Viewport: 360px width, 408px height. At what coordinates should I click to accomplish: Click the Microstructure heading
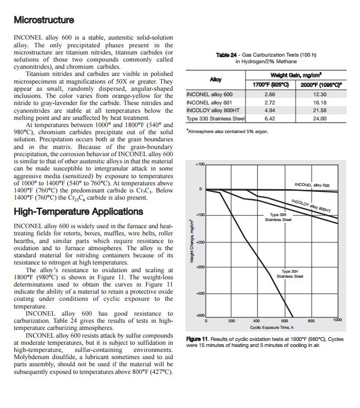[43, 20]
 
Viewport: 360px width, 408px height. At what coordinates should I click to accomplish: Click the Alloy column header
[216, 80]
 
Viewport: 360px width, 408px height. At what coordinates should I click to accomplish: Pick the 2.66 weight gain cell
[270, 95]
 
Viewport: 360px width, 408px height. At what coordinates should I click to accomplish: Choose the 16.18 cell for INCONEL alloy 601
[319, 102]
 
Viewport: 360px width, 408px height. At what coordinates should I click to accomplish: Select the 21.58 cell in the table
[319, 110]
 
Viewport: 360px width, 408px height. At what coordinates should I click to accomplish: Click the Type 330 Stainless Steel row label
[215, 118]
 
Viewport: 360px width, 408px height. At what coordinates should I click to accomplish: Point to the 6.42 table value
[270, 118]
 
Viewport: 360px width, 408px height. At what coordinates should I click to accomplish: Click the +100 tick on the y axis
[200, 164]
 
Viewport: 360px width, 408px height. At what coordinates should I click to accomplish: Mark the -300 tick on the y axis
[200, 267]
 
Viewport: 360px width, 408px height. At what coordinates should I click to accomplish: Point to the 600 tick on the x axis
[285, 320]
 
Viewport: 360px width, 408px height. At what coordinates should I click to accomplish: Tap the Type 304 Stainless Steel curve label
[289, 273]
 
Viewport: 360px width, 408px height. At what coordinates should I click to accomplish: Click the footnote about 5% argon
[227, 131]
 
